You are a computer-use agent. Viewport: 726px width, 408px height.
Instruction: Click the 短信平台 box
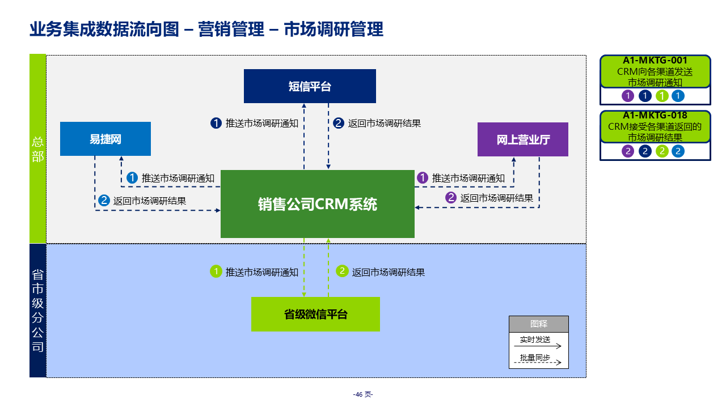point(310,86)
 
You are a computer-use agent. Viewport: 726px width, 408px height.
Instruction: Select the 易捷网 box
point(105,139)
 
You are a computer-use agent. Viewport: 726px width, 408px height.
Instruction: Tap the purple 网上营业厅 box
point(523,139)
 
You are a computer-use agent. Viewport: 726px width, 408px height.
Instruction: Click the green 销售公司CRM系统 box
point(318,204)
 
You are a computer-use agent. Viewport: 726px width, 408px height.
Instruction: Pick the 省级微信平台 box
point(315,314)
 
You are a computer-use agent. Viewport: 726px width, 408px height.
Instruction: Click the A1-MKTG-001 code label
point(655,61)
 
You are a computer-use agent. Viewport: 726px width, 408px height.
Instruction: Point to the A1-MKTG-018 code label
point(655,116)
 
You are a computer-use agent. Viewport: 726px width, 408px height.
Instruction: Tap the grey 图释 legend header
point(538,324)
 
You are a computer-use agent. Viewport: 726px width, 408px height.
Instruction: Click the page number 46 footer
point(362,394)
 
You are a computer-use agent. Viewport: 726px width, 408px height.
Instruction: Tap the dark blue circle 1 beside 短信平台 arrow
point(216,123)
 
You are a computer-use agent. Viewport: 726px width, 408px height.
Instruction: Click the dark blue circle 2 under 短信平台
point(339,123)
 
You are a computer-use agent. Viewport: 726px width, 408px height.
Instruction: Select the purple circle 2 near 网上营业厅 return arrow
point(451,198)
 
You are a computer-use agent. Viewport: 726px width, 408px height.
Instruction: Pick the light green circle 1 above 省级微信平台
point(216,271)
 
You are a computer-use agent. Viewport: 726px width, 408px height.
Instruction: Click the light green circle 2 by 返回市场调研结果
point(342,271)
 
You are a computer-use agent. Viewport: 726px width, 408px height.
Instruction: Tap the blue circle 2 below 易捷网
point(104,200)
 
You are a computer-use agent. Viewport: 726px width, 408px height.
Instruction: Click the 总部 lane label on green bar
point(37,149)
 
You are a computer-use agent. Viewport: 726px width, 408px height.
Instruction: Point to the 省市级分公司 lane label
point(37,311)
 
